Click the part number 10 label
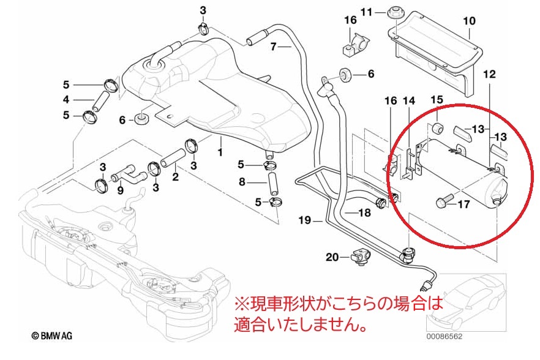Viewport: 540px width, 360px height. (x=469, y=21)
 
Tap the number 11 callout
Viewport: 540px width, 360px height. (x=366, y=12)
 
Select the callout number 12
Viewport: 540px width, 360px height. (x=489, y=74)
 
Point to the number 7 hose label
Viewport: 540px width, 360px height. (x=273, y=46)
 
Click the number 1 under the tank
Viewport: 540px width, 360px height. (x=220, y=152)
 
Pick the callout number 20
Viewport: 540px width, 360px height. (x=332, y=257)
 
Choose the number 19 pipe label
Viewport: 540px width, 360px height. (x=304, y=220)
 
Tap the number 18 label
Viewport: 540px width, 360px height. (x=364, y=212)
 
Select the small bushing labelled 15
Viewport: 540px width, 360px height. (x=437, y=129)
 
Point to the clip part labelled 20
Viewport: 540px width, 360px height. (x=361, y=258)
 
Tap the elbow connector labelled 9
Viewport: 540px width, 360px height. (x=129, y=173)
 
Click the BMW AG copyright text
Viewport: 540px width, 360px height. (x=52, y=336)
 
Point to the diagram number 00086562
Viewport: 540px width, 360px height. (x=444, y=337)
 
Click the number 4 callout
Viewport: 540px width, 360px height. (x=66, y=100)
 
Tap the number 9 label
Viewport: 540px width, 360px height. (x=120, y=190)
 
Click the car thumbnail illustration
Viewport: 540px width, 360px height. (x=467, y=302)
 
